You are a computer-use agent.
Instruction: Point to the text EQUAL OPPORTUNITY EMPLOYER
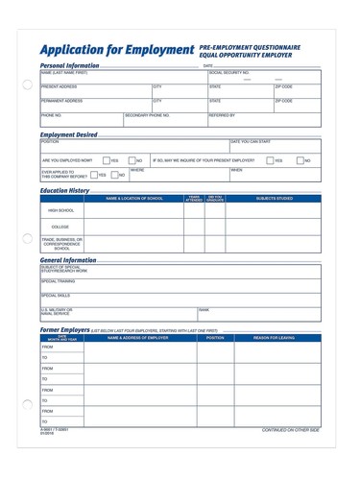click(250, 55)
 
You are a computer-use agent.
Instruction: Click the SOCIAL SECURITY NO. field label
click(229, 73)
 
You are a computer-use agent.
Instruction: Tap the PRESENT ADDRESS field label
click(61, 86)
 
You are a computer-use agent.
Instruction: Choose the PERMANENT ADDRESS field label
click(63, 100)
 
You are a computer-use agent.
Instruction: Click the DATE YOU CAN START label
click(252, 142)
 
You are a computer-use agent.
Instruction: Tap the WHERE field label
click(137, 168)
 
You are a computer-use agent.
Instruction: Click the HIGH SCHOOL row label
click(61, 209)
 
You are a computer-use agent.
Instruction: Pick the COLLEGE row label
click(61, 227)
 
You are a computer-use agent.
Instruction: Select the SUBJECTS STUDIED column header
click(275, 198)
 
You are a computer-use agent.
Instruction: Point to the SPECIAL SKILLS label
click(56, 295)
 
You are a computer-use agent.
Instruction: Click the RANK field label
click(204, 309)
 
